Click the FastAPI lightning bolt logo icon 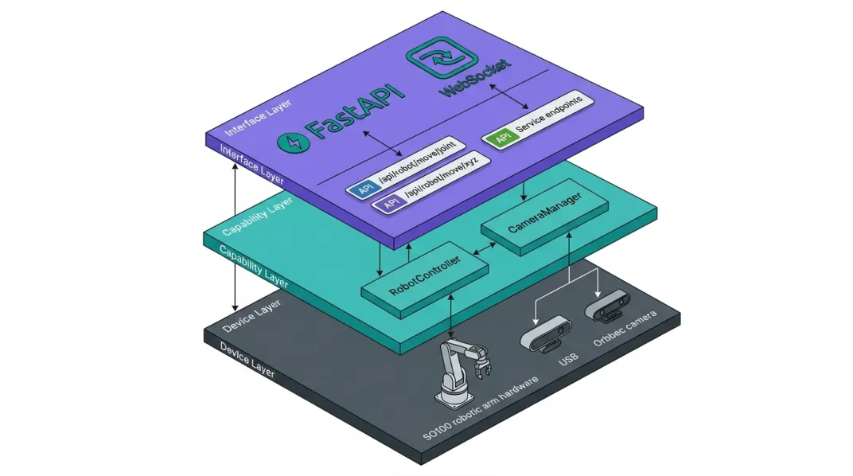coord(291,142)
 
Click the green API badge coord(502,138)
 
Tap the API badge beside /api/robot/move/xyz coord(390,205)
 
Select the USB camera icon coord(548,334)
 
